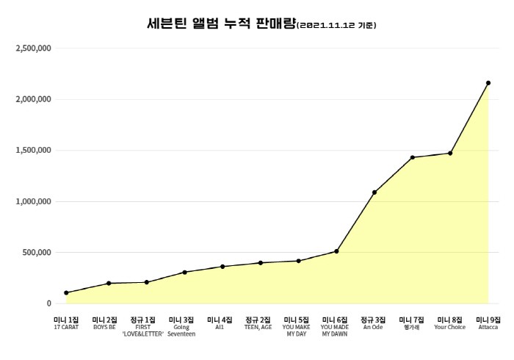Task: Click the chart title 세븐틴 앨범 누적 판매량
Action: (221, 24)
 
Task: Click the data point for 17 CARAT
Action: (66, 292)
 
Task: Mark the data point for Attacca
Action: (488, 83)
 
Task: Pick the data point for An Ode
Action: (374, 192)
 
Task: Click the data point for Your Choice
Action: (450, 153)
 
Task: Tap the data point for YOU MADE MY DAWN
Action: (336, 251)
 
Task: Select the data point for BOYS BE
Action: (108, 283)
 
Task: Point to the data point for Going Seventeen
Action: (184, 272)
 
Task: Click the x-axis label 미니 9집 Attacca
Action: (488, 323)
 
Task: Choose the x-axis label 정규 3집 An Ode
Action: (373, 323)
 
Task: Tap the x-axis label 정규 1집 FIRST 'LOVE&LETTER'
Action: (142, 327)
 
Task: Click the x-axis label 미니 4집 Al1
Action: (219, 323)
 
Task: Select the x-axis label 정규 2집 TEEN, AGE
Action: (258, 323)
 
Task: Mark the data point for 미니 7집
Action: (412, 157)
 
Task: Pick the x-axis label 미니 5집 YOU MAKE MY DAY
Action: (297, 327)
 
